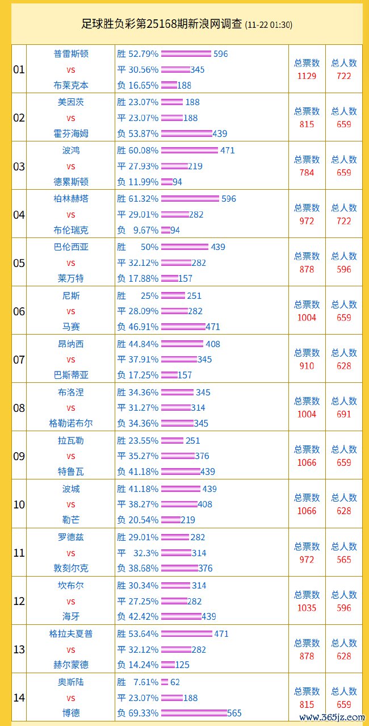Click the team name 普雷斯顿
[71, 54]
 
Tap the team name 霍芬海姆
[71, 133]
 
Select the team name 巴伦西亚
[71, 247]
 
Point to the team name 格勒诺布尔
[71, 423]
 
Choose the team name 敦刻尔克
[71, 568]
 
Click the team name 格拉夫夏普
[71, 633]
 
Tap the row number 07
[19, 360]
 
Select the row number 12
[19, 601]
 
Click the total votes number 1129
[307, 76]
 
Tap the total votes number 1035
[307, 607]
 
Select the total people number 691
[344, 414]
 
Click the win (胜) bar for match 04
[190, 199]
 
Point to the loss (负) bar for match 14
[194, 713]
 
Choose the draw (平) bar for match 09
[178, 456]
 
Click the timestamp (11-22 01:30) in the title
[269, 25]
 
